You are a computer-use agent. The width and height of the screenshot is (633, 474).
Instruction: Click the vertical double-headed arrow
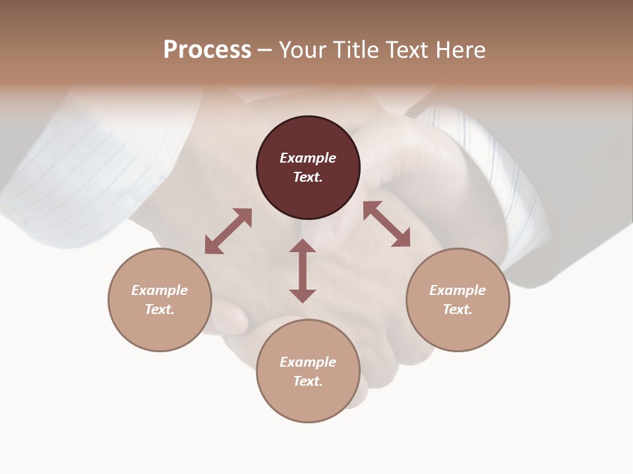coord(303,271)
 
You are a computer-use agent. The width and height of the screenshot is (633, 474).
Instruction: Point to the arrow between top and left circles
coord(228,231)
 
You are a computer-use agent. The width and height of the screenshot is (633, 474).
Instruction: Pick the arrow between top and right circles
coord(386,224)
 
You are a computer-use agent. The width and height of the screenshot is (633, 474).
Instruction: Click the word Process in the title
coord(207,49)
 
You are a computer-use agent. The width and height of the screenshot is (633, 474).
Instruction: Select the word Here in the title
coord(461,50)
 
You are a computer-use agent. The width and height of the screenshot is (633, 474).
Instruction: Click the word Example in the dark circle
coord(308,158)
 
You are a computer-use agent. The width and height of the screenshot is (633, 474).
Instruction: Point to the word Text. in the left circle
coord(160,309)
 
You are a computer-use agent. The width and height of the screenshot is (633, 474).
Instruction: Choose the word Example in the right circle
coord(458,290)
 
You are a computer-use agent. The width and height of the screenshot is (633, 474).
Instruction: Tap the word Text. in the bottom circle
coord(308,381)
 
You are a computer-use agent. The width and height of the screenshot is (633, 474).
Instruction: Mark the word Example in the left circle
coord(160,290)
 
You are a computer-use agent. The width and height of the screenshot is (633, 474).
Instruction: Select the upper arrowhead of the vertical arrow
coord(303,246)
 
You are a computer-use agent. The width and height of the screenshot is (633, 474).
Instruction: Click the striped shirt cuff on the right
coord(501,178)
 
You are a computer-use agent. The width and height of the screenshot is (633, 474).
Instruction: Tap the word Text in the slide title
coord(406,50)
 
